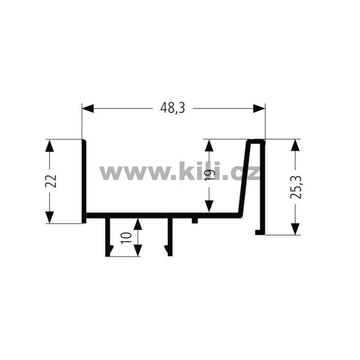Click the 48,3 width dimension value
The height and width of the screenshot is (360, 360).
(x=172, y=108)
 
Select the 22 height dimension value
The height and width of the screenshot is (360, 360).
(x=51, y=181)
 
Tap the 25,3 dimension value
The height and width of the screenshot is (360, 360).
(x=296, y=187)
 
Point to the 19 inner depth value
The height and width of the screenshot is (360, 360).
(x=210, y=175)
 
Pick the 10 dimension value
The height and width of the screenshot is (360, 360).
(x=126, y=238)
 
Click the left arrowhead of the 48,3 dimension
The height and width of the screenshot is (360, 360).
(x=88, y=108)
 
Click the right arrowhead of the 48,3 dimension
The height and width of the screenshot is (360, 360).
(x=259, y=108)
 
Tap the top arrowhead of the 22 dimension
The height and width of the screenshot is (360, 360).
(x=49, y=145)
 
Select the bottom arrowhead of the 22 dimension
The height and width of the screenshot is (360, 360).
(x=49, y=217)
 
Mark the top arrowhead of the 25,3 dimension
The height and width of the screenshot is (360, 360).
(x=295, y=145)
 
